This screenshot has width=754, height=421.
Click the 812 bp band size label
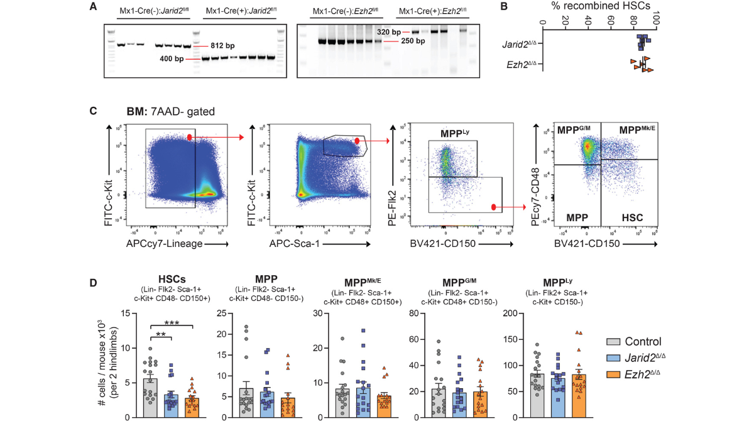pyautogui.click(x=220, y=46)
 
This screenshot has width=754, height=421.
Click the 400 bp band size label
pyautogui.click(x=171, y=59)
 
